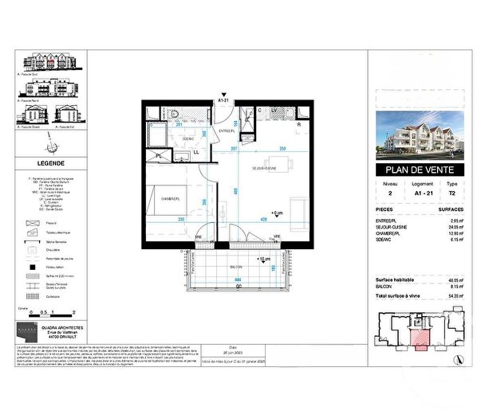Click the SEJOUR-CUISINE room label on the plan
coord(264,169)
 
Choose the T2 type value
coord(455,192)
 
